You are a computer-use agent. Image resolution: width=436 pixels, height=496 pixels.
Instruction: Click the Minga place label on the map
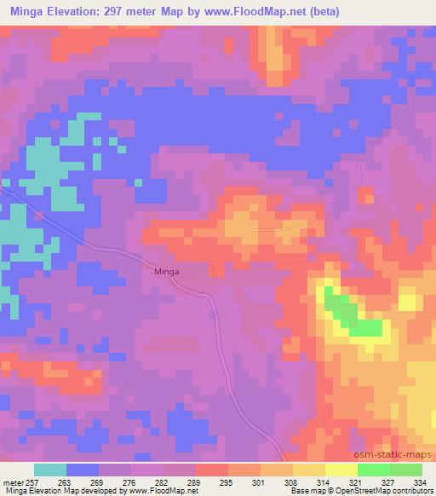(x=166, y=271)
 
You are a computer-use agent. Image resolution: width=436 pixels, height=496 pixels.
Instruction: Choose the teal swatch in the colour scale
(x=50, y=470)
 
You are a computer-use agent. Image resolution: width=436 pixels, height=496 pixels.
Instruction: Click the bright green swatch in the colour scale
(x=374, y=470)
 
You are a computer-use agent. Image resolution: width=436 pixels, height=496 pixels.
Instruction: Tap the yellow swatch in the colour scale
(x=341, y=470)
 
